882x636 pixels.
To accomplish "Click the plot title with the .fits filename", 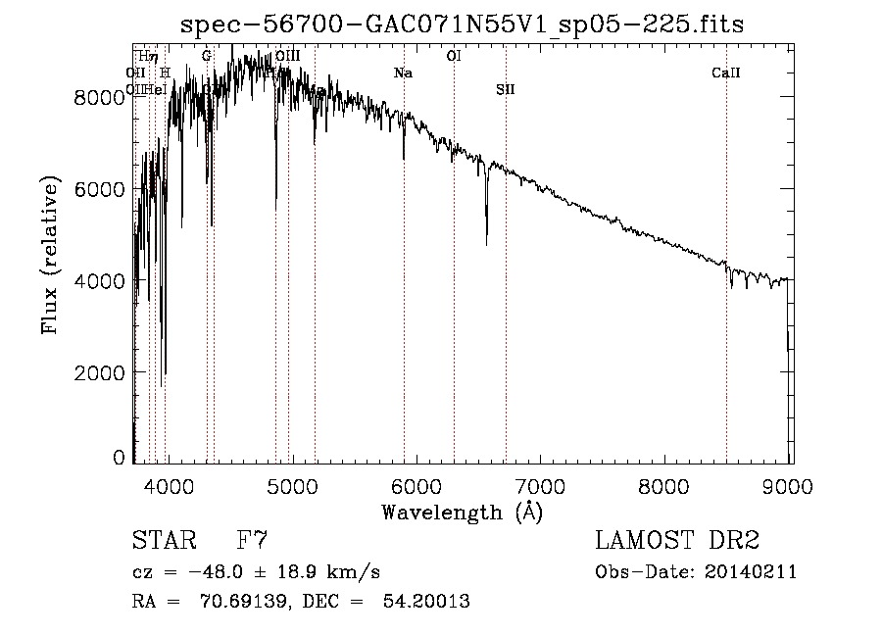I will coord(462,24).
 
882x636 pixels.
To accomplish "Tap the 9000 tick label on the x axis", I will coord(789,485).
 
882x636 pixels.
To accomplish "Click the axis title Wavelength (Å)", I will coord(462,512).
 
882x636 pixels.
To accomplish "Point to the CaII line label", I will coord(725,73).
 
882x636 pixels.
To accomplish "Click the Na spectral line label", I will coord(403,73).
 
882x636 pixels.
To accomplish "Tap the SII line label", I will coord(505,89).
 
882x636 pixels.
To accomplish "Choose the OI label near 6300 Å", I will coord(453,56).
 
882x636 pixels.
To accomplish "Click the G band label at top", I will coord(207,56).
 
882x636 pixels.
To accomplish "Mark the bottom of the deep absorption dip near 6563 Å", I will coord(487,243).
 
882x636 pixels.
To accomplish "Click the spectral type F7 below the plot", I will coord(252,540).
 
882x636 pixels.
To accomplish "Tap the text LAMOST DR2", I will coord(677,540).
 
